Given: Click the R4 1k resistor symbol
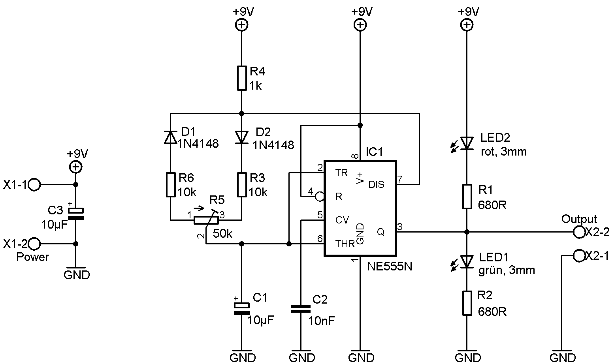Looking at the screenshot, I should pos(242,78).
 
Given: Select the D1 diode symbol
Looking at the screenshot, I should pos(170,137).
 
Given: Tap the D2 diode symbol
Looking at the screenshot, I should pos(242,137).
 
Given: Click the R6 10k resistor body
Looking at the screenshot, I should pos(170,184).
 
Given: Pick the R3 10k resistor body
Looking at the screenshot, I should pos(242,184).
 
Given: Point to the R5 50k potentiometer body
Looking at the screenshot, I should pos(205,220).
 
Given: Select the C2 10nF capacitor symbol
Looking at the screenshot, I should pos(301,309).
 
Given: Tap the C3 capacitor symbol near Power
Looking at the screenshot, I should pos(76,214).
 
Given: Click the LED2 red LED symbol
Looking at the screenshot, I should pos(467,143).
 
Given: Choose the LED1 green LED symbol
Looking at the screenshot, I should pos(467,261).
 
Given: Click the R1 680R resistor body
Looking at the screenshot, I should pos(467,196).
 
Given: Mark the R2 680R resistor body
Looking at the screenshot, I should pos(467,303).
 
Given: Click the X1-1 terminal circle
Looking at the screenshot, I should pos(35,184).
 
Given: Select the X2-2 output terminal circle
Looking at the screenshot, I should pos(579,232).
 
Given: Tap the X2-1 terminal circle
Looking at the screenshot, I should pos(579,256).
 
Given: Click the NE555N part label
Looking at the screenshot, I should pos(390,266).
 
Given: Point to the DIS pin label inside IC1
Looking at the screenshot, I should pos(376,185).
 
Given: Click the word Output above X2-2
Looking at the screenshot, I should pos(579,219).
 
